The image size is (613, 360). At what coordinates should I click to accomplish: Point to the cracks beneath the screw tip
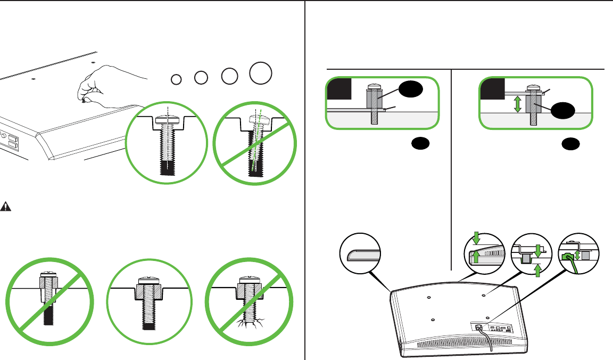(x=250, y=323)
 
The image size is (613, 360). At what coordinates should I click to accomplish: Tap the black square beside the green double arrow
(x=492, y=88)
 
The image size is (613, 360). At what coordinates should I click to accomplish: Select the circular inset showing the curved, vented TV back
(x=484, y=254)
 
